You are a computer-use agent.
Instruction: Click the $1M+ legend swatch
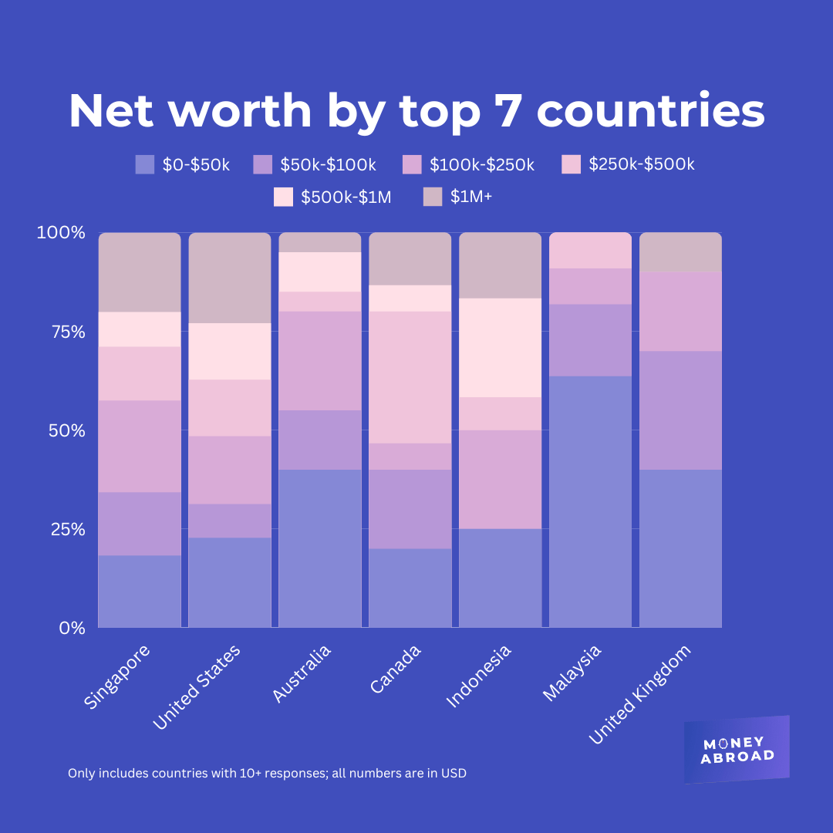pyautogui.click(x=433, y=197)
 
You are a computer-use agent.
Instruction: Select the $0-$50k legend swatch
pyautogui.click(x=145, y=164)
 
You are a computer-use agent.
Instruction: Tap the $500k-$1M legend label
pyautogui.click(x=346, y=197)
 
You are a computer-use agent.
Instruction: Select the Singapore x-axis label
pyautogui.click(x=116, y=677)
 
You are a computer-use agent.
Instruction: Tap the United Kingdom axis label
pyautogui.click(x=640, y=694)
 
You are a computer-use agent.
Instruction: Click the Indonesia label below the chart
pyautogui.click(x=479, y=676)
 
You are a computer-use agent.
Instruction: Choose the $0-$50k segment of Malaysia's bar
pyautogui.click(x=590, y=501)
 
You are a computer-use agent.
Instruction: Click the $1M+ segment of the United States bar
pyautogui.click(x=230, y=278)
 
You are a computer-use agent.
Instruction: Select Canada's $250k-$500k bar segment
pyautogui.click(x=410, y=377)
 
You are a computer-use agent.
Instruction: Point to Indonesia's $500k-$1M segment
pyautogui.click(x=500, y=348)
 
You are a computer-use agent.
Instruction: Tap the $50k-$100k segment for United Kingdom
pyautogui.click(x=680, y=410)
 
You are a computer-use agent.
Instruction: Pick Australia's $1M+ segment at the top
pyautogui.click(x=320, y=242)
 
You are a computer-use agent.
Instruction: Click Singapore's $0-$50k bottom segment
pyautogui.click(x=140, y=591)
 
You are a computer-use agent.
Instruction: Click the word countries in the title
pyautogui.click(x=650, y=111)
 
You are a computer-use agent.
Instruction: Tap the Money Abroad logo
pyautogui.click(x=737, y=750)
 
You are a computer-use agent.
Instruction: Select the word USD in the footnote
pyautogui.click(x=454, y=773)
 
